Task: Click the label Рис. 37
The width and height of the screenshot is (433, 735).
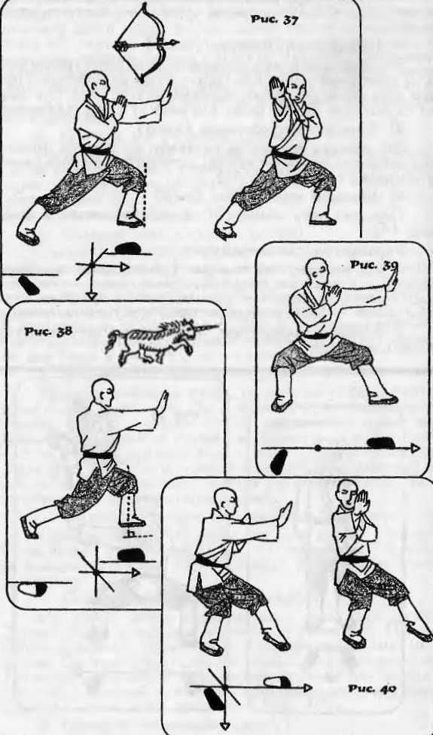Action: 274,20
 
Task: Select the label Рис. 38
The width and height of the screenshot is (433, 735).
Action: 48,331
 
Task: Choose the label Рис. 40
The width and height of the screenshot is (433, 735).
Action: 372,688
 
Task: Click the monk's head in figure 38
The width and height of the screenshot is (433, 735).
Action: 102,393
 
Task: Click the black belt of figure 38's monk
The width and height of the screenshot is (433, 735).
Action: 98,454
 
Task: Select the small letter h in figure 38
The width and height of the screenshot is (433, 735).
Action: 127,533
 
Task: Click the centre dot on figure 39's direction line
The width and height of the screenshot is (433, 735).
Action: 318,448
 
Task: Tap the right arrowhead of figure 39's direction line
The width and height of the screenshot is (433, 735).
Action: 415,448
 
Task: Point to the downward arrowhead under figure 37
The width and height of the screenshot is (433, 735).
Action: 92,296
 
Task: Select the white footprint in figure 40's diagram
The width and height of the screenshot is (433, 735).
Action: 277,682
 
